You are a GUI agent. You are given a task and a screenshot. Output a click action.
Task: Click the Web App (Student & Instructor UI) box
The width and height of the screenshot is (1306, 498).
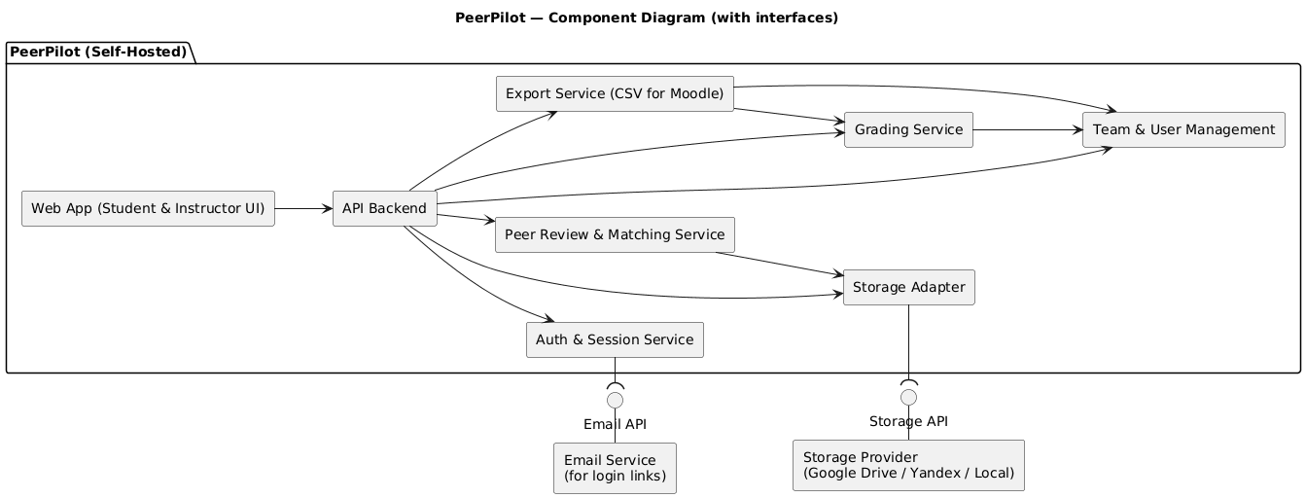148,208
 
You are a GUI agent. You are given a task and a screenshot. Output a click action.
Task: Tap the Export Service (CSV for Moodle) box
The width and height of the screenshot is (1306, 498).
614,93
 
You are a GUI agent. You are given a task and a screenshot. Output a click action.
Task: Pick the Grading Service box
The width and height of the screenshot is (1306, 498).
908,129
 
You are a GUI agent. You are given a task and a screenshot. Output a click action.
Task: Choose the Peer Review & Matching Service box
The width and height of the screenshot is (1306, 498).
614,234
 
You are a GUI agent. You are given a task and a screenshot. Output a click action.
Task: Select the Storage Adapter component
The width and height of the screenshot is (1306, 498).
908,287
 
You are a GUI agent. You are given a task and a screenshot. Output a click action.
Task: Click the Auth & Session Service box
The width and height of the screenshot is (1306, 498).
614,339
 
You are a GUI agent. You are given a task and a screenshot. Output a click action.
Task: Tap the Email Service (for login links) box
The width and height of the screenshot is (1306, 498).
614,468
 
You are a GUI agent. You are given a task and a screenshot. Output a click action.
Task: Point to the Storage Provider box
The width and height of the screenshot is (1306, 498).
908,465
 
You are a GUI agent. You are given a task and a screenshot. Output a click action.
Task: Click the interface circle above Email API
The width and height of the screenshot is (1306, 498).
614,400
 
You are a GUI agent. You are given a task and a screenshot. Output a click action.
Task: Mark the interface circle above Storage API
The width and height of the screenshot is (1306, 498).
908,398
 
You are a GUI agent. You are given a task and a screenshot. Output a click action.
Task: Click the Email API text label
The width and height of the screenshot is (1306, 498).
614,424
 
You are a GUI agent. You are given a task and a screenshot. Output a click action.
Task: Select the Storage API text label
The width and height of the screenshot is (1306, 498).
908,421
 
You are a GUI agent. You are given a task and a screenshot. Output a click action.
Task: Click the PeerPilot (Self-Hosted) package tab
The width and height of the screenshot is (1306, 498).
97,52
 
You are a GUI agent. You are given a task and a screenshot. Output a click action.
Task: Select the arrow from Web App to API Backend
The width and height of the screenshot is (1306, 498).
303,208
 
